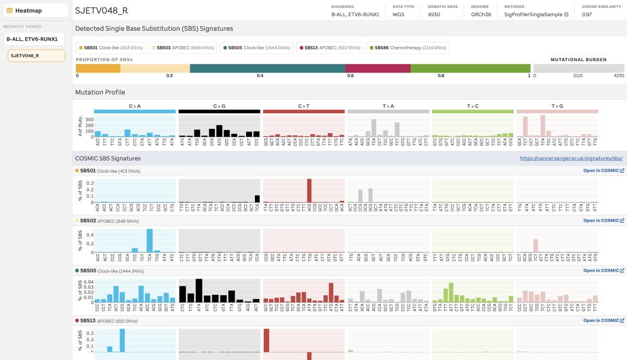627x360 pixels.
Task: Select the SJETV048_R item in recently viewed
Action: (36, 55)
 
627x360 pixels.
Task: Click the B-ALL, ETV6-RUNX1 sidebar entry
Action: (34, 39)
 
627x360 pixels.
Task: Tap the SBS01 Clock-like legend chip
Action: (111, 48)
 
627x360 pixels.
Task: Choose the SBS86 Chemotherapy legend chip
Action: (408, 48)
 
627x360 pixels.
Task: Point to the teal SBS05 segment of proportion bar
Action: (267, 68)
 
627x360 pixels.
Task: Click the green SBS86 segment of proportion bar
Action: (470, 68)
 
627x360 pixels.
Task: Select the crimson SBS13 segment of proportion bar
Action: (378, 68)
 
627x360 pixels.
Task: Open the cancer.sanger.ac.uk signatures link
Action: (571, 158)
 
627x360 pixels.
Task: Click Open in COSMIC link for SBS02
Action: (603, 221)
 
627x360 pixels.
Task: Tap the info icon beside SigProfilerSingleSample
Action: (566, 15)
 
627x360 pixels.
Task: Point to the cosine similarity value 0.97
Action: (588, 15)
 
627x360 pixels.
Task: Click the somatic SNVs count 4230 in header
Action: (434, 15)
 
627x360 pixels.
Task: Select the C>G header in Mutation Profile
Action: (219, 106)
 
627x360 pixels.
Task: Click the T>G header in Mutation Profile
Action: (557, 106)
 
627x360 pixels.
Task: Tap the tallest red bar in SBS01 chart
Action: (309, 190)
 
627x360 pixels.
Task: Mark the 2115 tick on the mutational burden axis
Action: (578, 76)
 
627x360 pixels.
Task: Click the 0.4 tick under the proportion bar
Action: (260, 76)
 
